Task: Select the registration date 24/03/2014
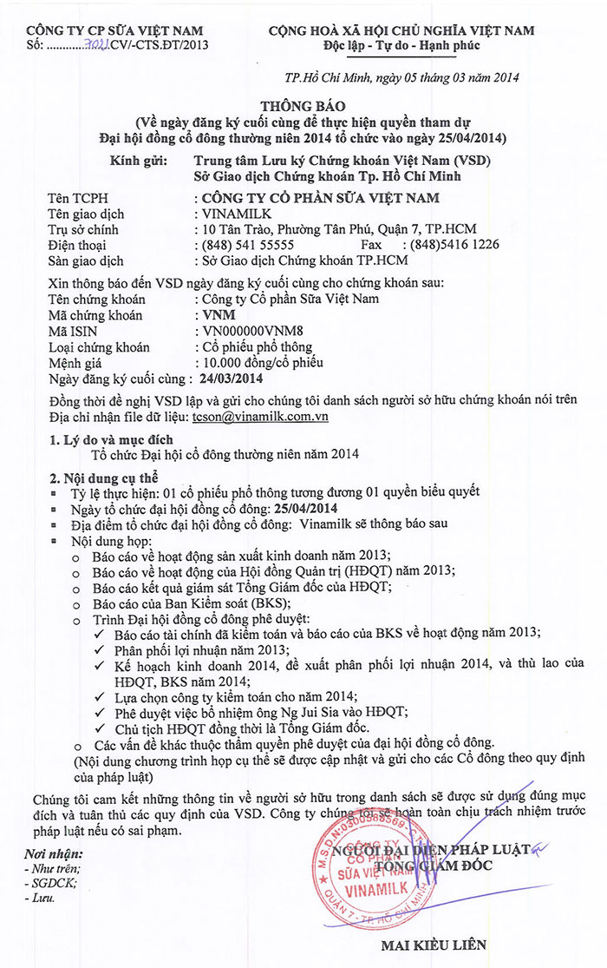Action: click(x=230, y=379)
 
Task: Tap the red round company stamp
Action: click(x=358, y=868)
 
